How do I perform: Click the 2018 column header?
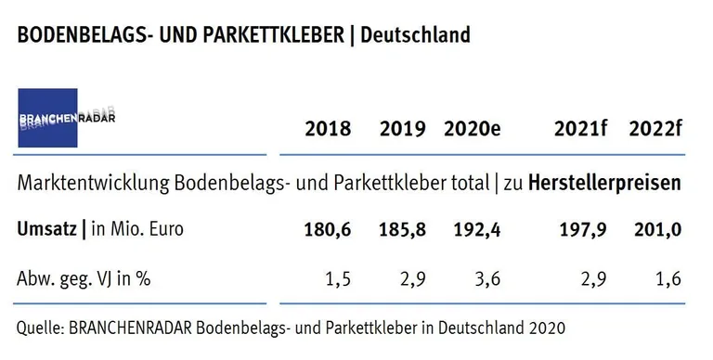[328, 129]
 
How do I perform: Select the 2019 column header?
[402, 129]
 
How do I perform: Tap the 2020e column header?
[473, 129]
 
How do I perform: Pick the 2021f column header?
[580, 129]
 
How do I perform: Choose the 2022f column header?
[655, 129]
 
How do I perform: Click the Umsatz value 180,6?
[328, 229]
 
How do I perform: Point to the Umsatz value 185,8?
[402, 229]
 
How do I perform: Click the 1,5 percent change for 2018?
[339, 277]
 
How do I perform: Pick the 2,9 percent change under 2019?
[413, 277]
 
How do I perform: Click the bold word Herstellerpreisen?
[604, 184]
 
